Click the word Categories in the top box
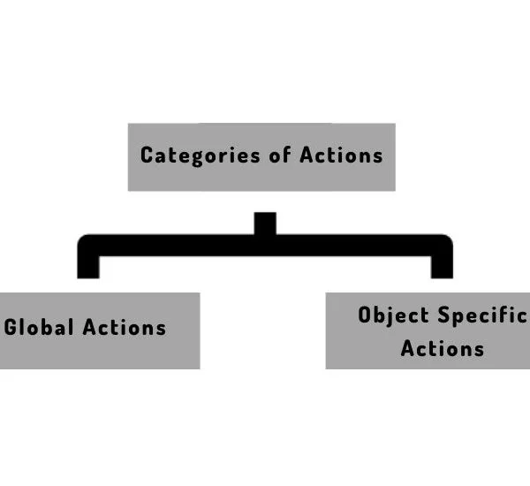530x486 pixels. (x=201, y=156)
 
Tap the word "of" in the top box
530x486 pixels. (x=280, y=155)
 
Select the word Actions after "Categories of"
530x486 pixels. (x=341, y=155)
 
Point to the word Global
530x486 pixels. (x=39, y=327)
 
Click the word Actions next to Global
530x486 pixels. (x=125, y=327)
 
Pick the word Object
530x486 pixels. (x=393, y=315)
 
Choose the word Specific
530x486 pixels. (x=482, y=315)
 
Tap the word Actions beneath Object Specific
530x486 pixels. (x=443, y=348)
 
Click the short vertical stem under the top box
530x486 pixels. (x=265, y=224)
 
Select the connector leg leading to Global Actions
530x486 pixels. (x=88, y=267)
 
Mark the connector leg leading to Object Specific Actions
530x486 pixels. (x=442, y=267)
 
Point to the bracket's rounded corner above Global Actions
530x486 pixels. (x=85, y=242)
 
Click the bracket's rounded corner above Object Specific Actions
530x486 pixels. (x=445, y=242)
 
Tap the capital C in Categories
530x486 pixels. (x=147, y=155)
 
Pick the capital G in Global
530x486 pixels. (x=11, y=327)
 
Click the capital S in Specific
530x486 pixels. (x=444, y=315)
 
